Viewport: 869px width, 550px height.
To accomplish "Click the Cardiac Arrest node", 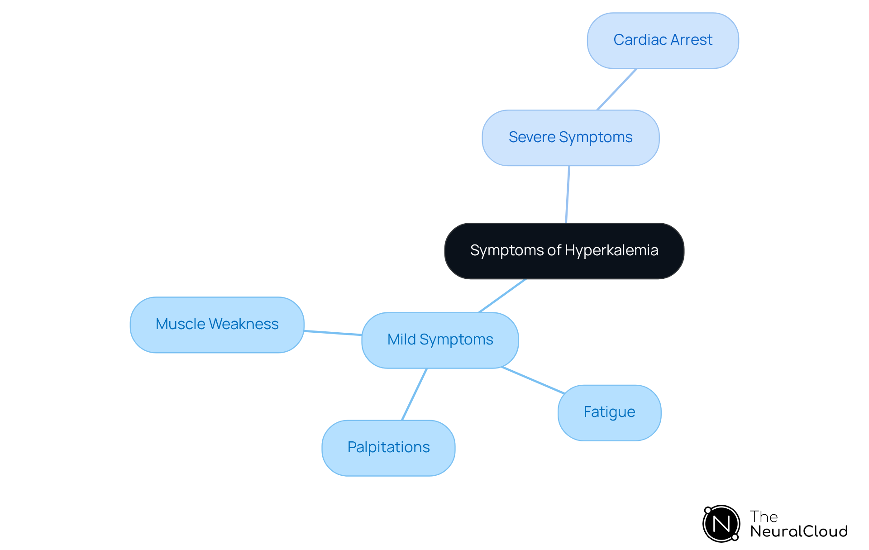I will pos(663,41).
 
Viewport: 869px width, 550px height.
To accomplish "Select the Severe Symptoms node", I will pos(570,138).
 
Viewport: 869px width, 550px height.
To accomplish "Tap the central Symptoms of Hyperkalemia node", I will pos(564,251).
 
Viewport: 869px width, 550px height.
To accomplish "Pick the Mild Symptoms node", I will pos(440,340).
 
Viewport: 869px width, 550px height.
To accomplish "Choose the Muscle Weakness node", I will pos(217,325).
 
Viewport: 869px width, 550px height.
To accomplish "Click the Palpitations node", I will pos(388,448).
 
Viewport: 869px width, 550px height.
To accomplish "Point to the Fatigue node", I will pos(609,412).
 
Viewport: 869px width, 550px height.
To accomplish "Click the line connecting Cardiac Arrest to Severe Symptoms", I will pos(617,89).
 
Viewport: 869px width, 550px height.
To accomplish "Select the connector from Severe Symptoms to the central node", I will pos(568,195).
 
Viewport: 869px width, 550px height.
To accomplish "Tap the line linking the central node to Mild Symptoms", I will pos(502,296).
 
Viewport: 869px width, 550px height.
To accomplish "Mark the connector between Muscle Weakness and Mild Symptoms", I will pos(333,333).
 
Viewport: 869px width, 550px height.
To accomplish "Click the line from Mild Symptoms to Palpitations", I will pos(414,394).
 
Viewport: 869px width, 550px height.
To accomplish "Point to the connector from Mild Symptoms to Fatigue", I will pos(533,380).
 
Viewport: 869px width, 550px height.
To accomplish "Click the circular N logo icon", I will pos(721,524).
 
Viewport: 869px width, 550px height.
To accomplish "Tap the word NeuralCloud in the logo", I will pos(799,531).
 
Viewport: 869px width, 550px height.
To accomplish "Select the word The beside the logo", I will pos(764,517).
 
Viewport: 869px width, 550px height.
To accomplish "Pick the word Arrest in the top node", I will pos(692,40).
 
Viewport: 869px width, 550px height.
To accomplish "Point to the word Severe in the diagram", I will pos(532,137).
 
